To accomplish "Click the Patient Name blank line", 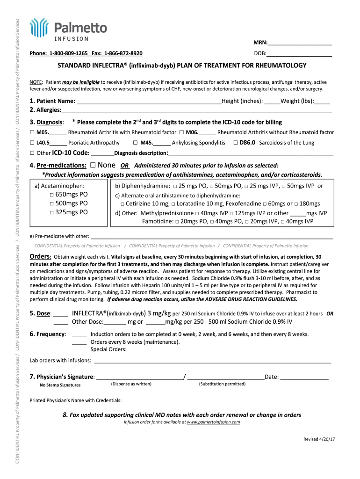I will click(149, 101).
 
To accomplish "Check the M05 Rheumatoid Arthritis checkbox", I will click(32, 132).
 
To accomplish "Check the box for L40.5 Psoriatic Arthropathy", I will click(32, 143).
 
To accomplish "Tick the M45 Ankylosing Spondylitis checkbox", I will click(135, 143).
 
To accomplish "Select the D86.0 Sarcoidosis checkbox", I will click(235, 143).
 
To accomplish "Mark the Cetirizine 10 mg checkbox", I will click(122, 204).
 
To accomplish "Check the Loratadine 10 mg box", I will click(173, 204).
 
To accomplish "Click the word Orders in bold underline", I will click(40, 256).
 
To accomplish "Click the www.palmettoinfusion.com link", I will click(213, 422).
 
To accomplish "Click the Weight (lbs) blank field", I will click(322, 101).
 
